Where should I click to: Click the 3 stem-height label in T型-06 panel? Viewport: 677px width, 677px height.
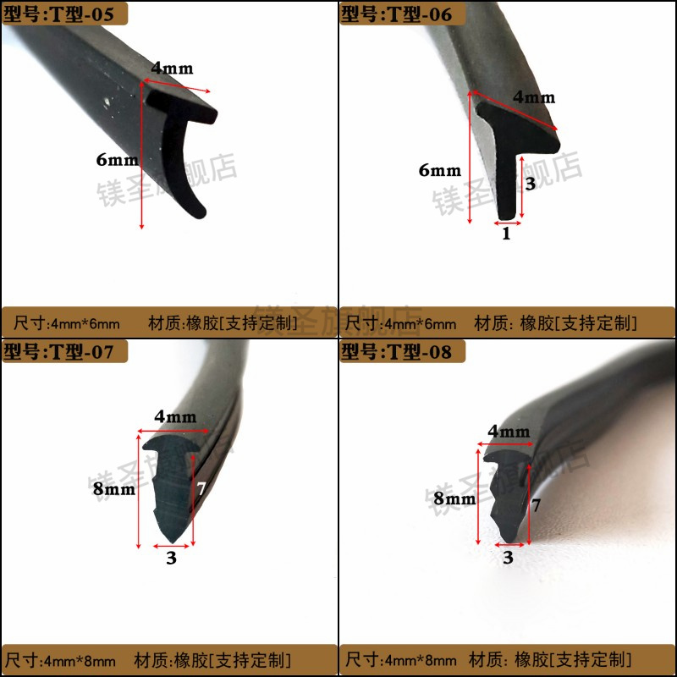click(x=531, y=183)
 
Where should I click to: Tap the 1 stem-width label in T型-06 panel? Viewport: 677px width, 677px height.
click(x=507, y=234)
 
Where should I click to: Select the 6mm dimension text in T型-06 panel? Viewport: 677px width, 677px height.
click(x=440, y=169)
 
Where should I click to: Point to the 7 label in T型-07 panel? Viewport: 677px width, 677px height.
click(x=201, y=489)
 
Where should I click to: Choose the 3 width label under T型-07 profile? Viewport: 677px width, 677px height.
click(x=171, y=558)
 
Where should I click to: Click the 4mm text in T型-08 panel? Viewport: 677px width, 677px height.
click(x=509, y=432)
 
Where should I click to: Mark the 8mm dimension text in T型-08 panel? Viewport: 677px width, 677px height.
click(x=454, y=498)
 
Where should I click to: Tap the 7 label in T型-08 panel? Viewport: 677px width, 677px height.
click(x=536, y=505)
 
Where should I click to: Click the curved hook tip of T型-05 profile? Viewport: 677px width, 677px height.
click(x=196, y=212)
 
